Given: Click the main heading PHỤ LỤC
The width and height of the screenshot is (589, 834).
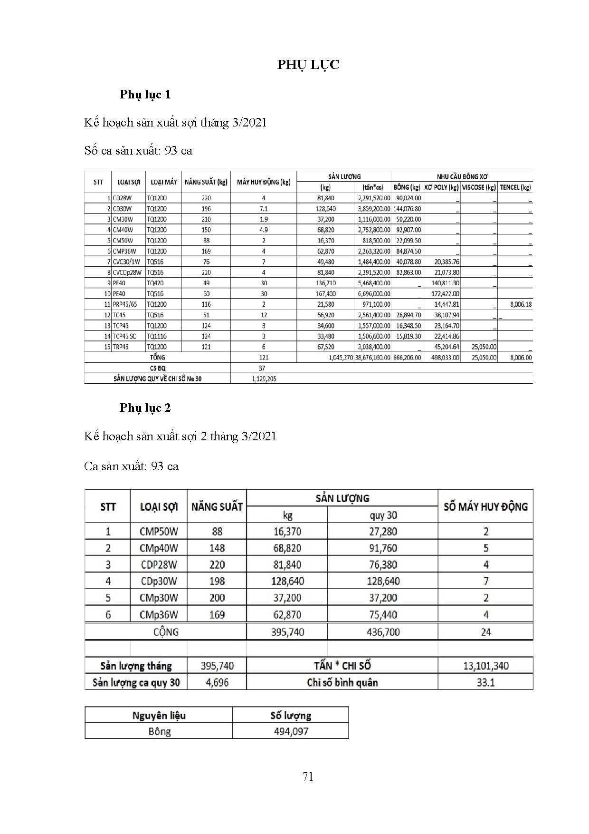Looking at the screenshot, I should pyautogui.click(x=308, y=65).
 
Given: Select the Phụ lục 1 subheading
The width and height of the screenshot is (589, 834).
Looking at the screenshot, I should pyautogui.click(x=145, y=95).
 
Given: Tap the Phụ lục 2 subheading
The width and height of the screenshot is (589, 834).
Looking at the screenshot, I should pyautogui.click(x=145, y=408).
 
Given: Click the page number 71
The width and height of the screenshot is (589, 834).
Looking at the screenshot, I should pyautogui.click(x=308, y=776).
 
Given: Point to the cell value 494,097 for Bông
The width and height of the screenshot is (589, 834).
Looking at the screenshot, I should pyautogui.click(x=291, y=731).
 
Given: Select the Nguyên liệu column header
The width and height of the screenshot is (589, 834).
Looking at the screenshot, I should pyautogui.click(x=159, y=716).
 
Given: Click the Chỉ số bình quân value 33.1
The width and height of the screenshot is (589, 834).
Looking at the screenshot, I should pyautogui.click(x=485, y=682).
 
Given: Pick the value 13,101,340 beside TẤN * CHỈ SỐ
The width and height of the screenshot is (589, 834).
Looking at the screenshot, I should pyautogui.click(x=485, y=666).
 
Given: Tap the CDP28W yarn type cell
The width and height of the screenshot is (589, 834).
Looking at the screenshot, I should pyautogui.click(x=159, y=564).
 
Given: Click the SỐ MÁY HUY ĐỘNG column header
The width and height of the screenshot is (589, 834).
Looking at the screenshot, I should pyautogui.click(x=485, y=506).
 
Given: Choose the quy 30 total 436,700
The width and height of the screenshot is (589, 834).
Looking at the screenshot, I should pyautogui.click(x=383, y=632).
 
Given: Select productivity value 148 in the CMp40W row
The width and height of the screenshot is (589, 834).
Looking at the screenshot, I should pyautogui.click(x=217, y=548).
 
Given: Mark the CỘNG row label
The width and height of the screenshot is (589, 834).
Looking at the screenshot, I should pyautogui.click(x=166, y=632).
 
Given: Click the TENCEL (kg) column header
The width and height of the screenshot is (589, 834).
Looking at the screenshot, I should pyautogui.click(x=515, y=187).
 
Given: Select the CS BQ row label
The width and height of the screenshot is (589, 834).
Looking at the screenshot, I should pyautogui.click(x=158, y=368).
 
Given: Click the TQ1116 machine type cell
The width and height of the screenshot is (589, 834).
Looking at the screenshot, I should pyautogui.click(x=157, y=336).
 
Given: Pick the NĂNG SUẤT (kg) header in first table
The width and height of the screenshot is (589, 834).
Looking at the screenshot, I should pyautogui.click(x=206, y=182).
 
